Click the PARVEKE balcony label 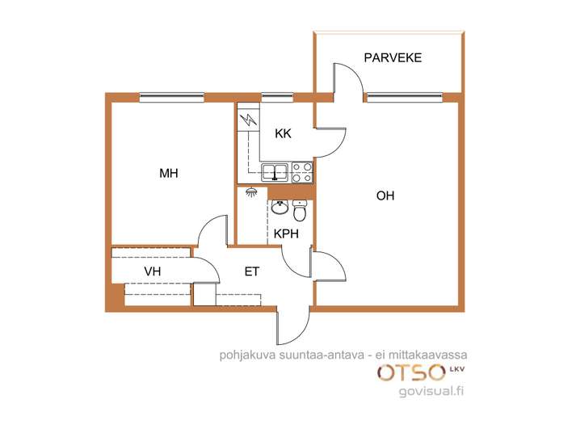(x=393, y=57)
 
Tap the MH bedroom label (x=169, y=173)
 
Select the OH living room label (x=385, y=196)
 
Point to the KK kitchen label (x=283, y=133)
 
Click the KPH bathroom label (x=286, y=233)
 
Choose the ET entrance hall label (x=252, y=271)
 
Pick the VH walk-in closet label (x=153, y=271)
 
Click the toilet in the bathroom (x=300, y=211)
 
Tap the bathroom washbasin (x=280, y=208)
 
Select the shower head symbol (x=250, y=192)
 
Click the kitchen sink (x=275, y=173)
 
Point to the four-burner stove (x=302, y=173)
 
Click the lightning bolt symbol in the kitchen (x=248, y=120)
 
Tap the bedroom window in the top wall (x=172, y=97)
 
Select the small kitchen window (x=278, y=97)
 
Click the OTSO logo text (x=411, y=373)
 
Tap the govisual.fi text (x=431, y=391)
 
